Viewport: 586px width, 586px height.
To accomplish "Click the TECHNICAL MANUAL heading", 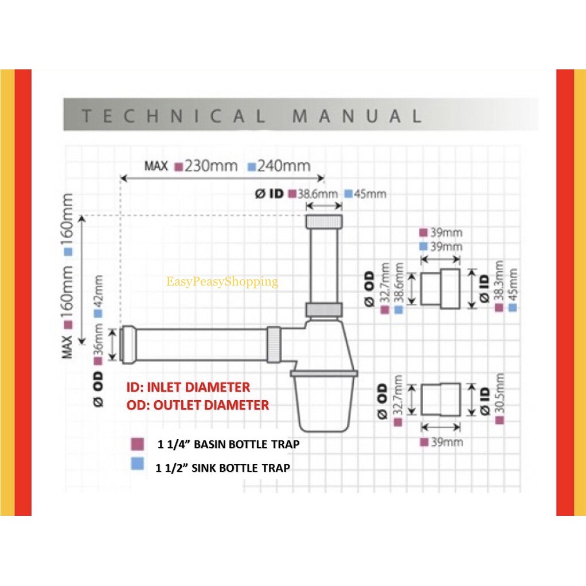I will coord(251,116).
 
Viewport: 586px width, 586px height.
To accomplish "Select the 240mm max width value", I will coord(284,166).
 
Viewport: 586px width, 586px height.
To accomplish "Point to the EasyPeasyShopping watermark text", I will coord(222,282).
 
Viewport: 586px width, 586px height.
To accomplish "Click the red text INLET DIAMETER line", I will coord(188,387).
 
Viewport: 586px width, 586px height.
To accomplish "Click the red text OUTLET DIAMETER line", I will coord(197,405).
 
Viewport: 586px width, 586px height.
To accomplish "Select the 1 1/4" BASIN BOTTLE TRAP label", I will coord(228,444).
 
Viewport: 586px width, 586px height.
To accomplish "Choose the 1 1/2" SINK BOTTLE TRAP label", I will coord(222,468).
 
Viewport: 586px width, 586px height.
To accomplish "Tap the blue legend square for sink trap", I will coord(137,464).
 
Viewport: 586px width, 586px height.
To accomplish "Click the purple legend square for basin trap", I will coord(137,444).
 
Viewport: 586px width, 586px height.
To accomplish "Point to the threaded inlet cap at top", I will coord(325,222).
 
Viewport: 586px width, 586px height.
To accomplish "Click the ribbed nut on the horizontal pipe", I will coord(274,343).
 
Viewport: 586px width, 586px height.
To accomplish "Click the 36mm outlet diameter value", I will coord(98,339).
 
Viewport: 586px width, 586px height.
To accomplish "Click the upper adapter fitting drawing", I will coord(440,287).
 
